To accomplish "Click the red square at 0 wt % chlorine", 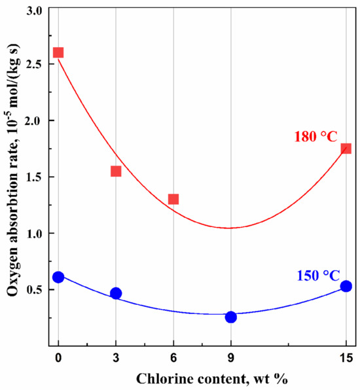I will coord(58,52).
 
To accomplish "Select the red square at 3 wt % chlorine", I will coord(116,171).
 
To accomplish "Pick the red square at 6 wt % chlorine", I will coord(173,199).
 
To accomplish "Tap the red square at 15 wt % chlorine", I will coord(346,149).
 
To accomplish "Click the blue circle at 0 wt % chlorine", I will coord(58,277).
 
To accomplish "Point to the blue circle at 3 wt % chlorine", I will coord(116,293).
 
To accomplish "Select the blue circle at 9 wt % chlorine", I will coord(231,317).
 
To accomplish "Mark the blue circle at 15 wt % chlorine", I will coord(346,286).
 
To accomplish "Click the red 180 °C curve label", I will coord(315,136).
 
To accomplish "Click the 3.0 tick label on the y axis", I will coord(33,12).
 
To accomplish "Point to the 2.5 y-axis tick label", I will coord(33,65).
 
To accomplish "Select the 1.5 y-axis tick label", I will coord(33,177).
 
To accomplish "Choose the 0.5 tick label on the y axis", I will coord(33,290).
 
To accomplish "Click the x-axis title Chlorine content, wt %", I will coord(202,378).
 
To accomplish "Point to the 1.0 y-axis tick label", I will coord(33,234).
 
